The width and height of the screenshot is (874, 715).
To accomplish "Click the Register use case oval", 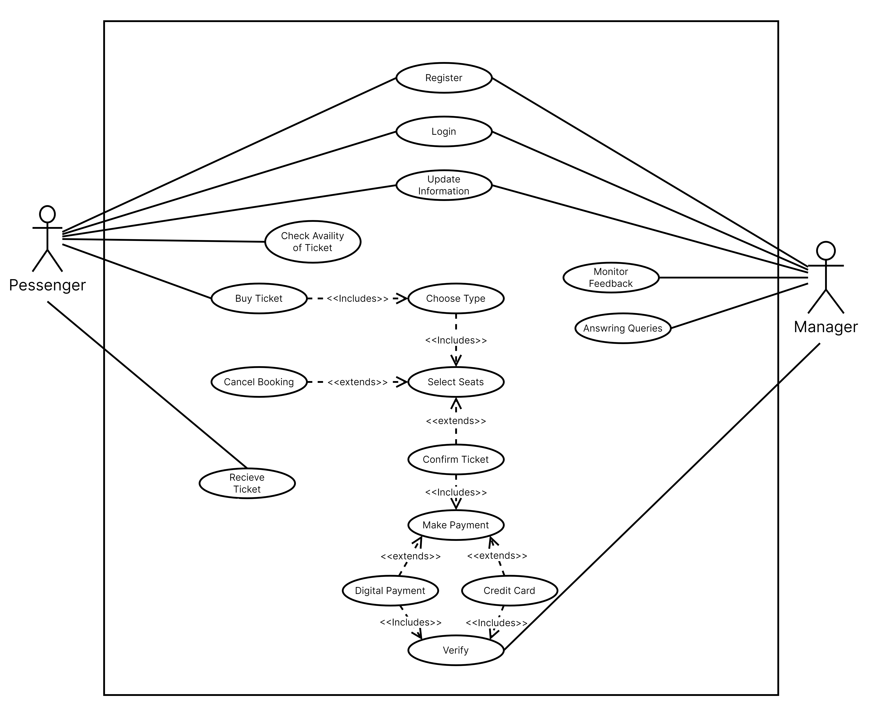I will point(444,78).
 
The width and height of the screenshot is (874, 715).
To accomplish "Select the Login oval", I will point(444,131).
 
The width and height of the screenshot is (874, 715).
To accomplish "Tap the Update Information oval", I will point(444,185).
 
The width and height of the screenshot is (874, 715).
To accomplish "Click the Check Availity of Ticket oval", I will point(312,242).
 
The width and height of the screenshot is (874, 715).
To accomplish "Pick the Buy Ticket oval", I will point(259,299).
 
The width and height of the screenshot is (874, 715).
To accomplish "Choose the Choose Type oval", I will point(456,299).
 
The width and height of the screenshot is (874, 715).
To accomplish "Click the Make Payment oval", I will point(456,525).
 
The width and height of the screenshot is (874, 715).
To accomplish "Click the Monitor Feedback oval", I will point(611,278).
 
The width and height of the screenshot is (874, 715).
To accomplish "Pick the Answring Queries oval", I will point(623,328).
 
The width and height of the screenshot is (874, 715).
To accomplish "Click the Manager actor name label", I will point(826,327).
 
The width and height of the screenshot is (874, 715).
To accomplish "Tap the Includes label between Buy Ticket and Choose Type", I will point(357,299).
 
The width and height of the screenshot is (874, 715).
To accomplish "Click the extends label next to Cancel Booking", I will point(357,382).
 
